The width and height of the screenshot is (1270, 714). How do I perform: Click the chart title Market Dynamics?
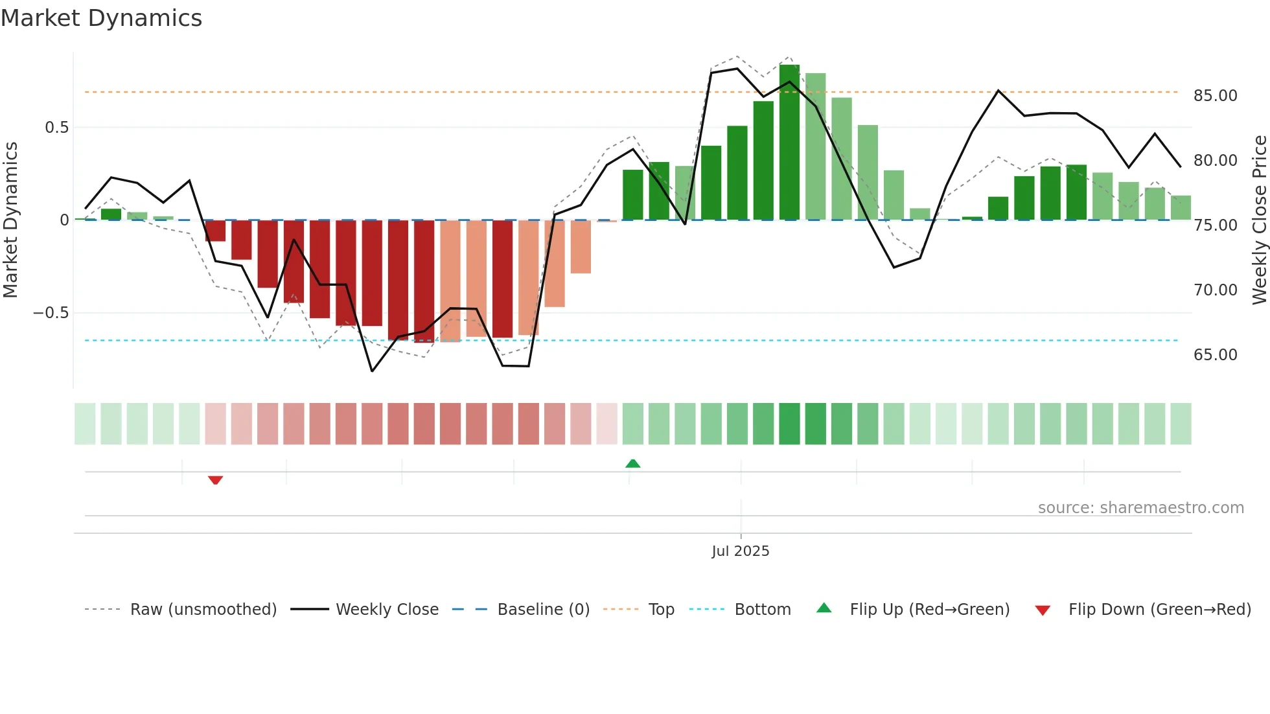click(x=101, y=18)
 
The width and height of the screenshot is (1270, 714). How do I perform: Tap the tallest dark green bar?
click(x=789, y=143)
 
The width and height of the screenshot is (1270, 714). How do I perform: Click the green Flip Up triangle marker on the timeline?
click(x=632, y=463)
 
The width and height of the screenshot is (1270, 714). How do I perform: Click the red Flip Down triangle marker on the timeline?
click(x=215, y=480)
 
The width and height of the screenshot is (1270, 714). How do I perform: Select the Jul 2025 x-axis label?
click(x=740, y=551)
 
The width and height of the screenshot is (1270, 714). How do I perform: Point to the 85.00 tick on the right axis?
click(x=1215, y=96)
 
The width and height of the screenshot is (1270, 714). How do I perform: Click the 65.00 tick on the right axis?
click(x=1215, y=355)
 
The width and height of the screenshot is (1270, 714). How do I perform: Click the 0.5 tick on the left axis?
click(x=56, y=128)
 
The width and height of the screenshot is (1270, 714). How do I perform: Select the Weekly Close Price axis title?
click(x=1259, y=220)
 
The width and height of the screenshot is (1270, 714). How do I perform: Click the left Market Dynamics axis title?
click(x=10, y=220)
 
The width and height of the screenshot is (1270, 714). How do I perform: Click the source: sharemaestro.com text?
click(x=1140, y=508)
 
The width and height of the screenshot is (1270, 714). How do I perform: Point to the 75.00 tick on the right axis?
click(x=1215, y=225)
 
